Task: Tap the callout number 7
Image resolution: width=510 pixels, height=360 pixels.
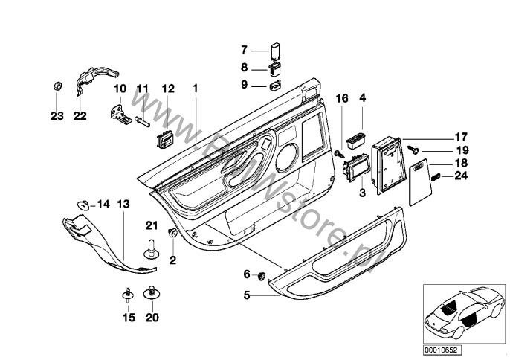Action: (x=244, y=51)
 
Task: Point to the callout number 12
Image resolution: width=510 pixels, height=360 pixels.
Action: (x=167, y=89)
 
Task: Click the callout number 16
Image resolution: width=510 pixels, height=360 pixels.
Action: (x=341, y=97)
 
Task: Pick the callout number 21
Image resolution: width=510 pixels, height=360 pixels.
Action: (x=152, y=225)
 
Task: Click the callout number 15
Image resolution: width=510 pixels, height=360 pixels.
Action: (x=127, y=318)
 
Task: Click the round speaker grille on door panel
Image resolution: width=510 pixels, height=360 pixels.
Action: (x=289, y=158)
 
